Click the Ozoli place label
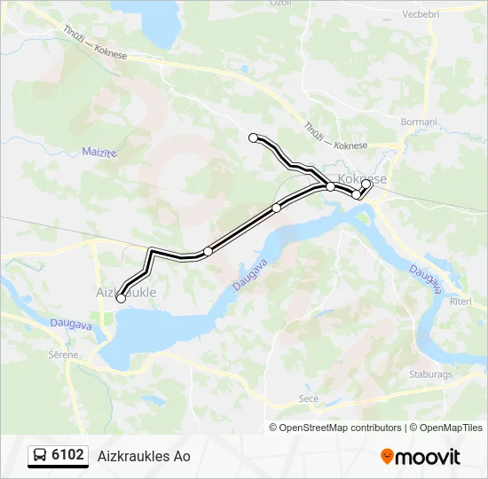[281, 4]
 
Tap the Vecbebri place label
[421, 14]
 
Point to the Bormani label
[420, 122]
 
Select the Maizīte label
[99, 153]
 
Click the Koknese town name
[363, 178]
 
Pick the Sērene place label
[64, 355]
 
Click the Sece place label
[309, 399]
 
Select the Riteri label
[461, 302]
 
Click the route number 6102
[68, 455]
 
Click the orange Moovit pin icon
[387, 457]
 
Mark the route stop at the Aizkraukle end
[121, 299]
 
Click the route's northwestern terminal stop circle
[254, 137]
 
